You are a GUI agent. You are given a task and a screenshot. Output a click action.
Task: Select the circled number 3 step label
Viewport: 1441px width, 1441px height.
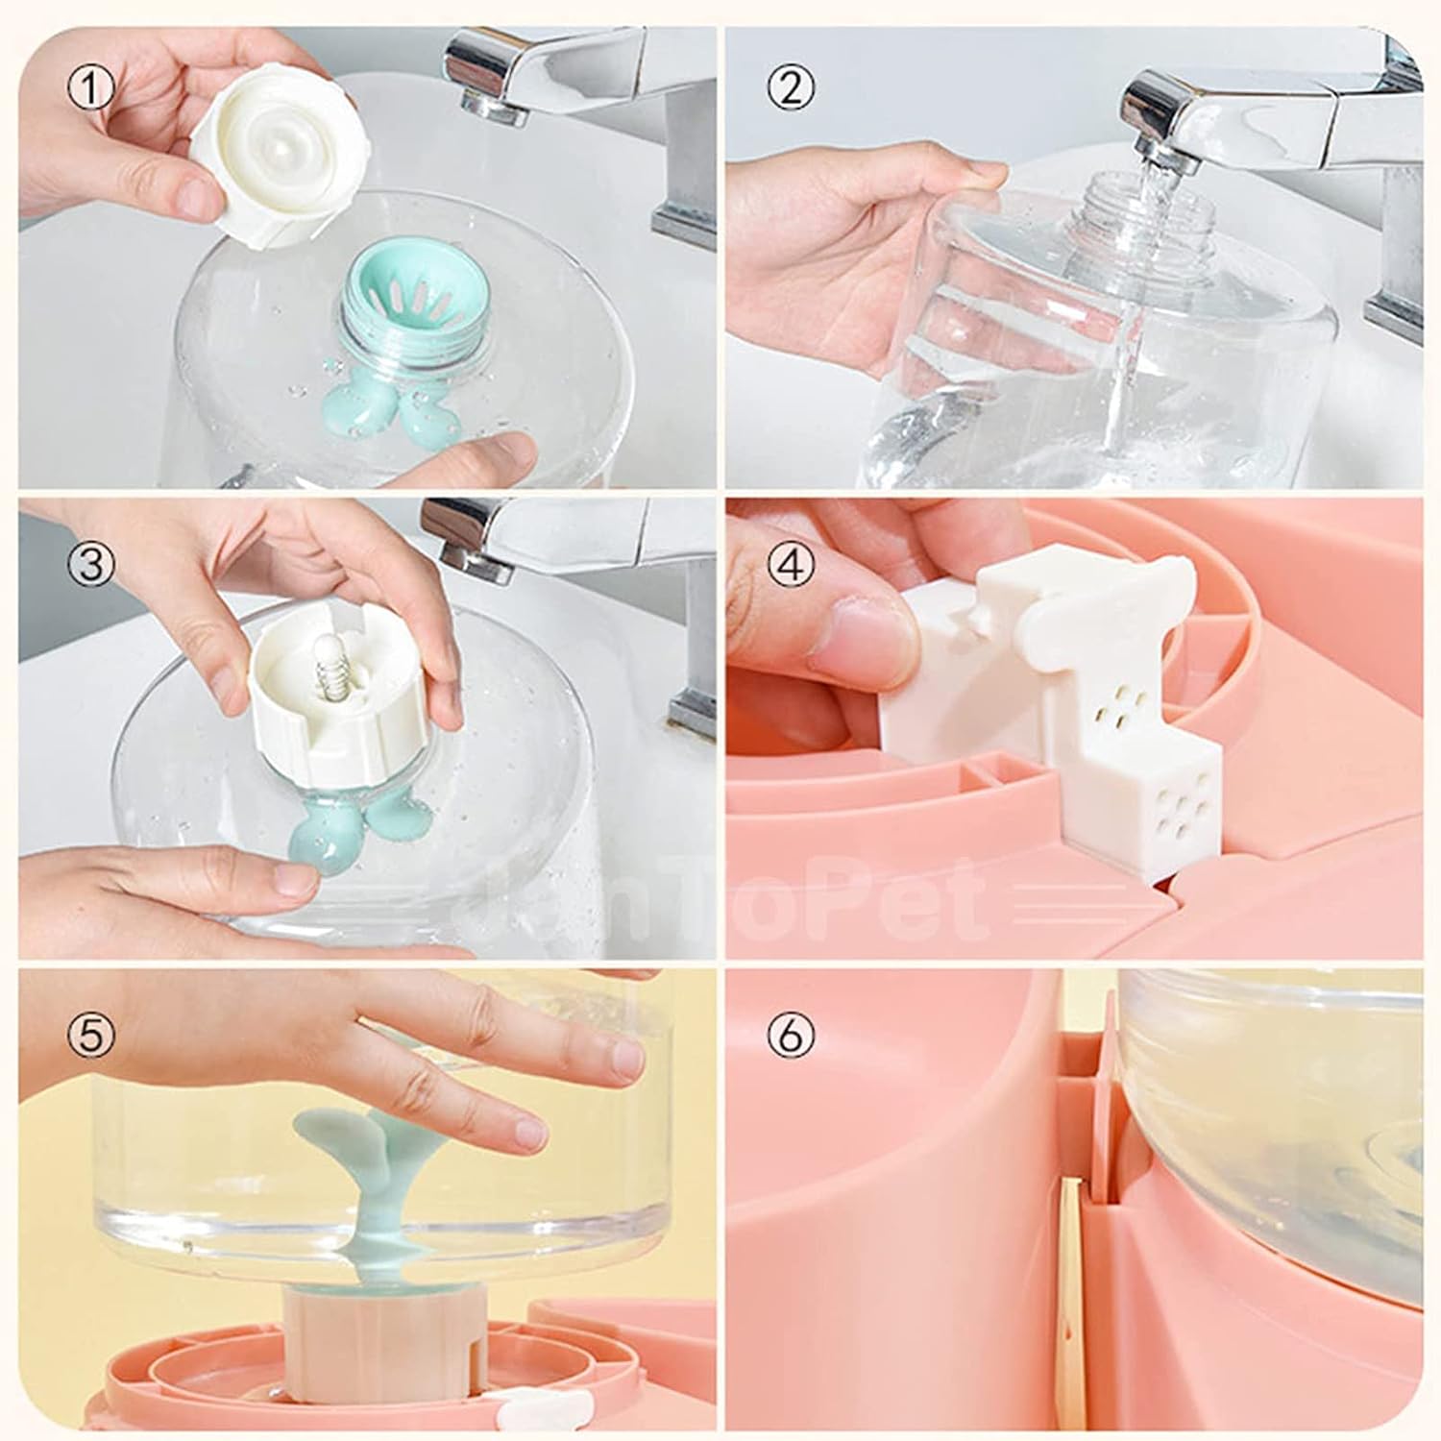(x=91, y=564)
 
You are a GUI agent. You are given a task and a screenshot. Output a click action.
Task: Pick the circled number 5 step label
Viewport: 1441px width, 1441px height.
(x=91, y=1035)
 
